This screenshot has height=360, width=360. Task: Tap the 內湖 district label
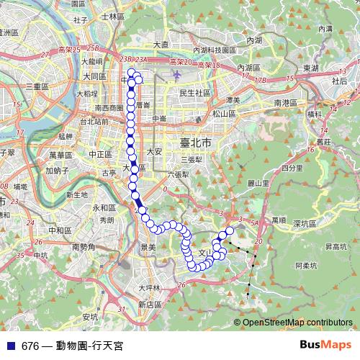(x=254, y=42)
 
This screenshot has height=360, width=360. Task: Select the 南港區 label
(x=286, y=103)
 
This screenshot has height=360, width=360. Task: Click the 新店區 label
(x=150, y=305)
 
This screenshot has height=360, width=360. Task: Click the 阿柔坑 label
(x=307, y=265)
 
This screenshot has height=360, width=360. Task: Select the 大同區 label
(x=94, y=76)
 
